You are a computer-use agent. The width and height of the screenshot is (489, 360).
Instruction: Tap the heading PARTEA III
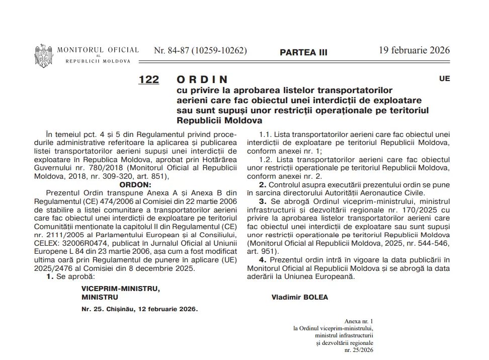point(303,52)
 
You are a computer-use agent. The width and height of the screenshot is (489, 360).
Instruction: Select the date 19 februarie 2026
point(414,50)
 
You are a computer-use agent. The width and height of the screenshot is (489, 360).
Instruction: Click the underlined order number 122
point(148,80)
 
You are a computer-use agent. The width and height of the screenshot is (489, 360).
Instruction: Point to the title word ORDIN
point(202,80)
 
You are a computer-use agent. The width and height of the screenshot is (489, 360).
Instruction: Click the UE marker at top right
point(444,79)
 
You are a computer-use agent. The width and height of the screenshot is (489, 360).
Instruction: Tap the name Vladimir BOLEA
point(299,297)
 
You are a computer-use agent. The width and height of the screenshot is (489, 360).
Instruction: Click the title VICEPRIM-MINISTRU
point(121,289)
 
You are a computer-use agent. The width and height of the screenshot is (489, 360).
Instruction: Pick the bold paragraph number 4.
point(262,259)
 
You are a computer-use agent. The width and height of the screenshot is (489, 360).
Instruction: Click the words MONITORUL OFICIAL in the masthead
point(98,50)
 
